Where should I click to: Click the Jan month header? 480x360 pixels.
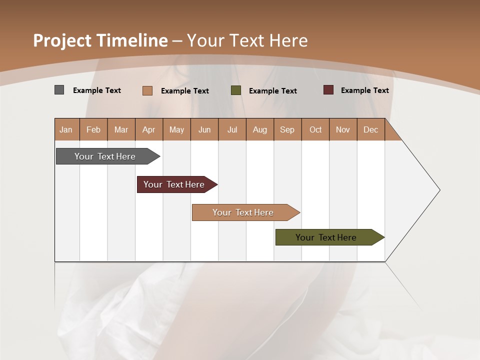coord(66,129)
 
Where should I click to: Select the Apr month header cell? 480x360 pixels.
coord(148,129)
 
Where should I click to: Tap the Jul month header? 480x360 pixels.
coord(232,129)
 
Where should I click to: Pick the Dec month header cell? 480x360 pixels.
coord(370,129)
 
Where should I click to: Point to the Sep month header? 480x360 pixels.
coord(287,129)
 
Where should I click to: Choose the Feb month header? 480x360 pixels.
coord(93,129)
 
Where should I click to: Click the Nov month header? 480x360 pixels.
coord(342,129)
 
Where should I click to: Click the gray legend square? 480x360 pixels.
coord(59,90)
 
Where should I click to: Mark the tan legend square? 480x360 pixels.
coord(147,90)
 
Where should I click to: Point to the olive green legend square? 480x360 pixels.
coord(236,90)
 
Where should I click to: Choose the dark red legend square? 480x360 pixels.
coord(328,90)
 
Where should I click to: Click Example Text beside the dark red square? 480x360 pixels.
coord(364,90)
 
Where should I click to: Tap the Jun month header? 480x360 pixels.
coord(204,129)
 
